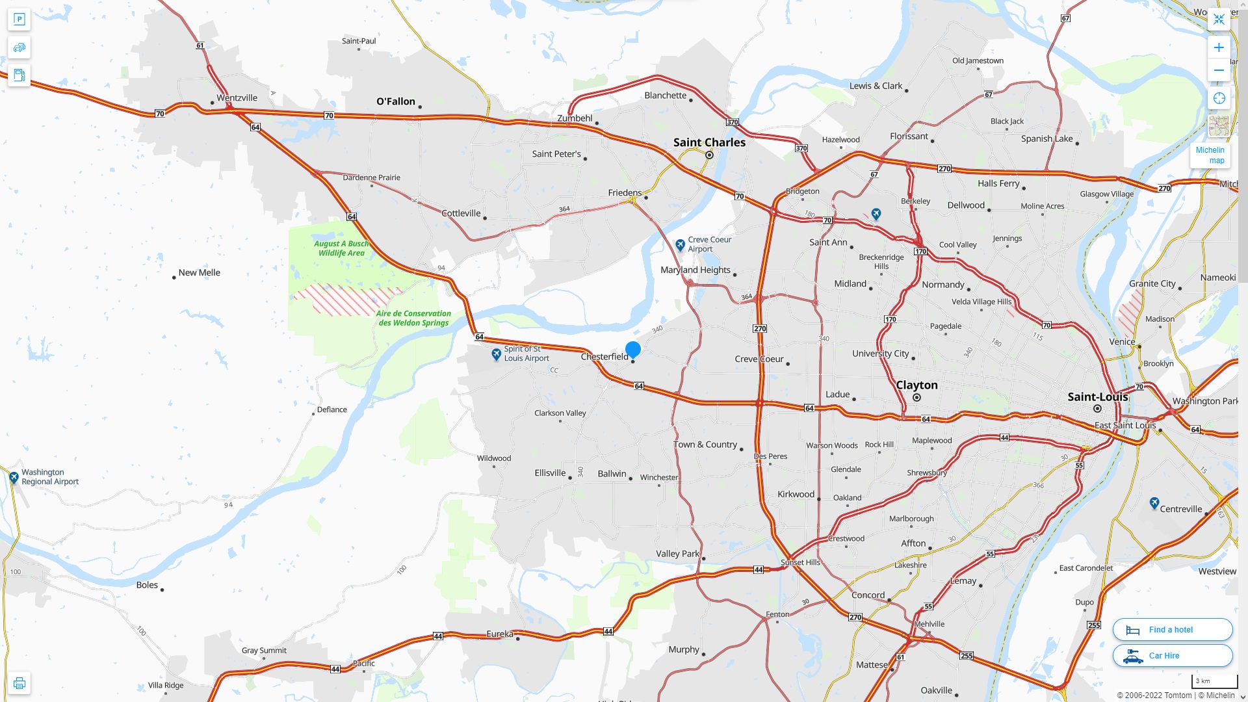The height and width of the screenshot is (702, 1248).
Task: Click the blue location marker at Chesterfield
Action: (632, 350)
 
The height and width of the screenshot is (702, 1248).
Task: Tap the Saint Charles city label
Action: (709, 142)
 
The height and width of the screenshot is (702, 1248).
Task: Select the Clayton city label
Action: (916, 385)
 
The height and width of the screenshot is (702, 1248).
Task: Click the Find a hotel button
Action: (1172, 629)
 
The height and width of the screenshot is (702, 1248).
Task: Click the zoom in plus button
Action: (1219, 47)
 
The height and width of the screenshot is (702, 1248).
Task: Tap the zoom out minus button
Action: (1219, 70)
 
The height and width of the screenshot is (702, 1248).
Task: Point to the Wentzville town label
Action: (237, 98)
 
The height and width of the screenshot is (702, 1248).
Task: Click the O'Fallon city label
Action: (396, 101)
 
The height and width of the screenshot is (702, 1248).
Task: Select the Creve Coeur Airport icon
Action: (680, 244)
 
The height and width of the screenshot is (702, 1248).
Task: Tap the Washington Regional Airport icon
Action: (14, 478)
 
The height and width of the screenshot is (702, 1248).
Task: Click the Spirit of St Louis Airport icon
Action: (497, 354)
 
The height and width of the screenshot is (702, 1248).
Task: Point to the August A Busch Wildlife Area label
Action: (341, 248)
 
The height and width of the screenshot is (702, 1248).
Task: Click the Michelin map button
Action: (1210, 155)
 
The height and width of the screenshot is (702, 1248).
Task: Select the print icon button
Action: (19, 683)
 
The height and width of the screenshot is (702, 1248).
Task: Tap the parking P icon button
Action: (19, 19)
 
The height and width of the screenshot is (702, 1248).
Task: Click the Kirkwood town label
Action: (796, 494)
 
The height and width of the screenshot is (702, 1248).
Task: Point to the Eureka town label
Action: (500, 634)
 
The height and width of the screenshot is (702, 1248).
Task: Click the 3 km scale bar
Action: (1214, 682)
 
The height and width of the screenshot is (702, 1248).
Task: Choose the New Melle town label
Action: (199, 273)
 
